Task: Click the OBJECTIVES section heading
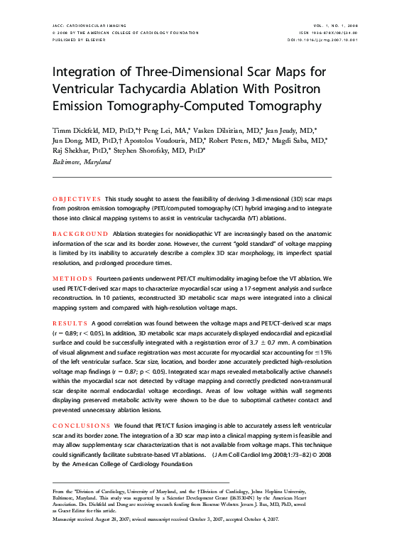(77, 198)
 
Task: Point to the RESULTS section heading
(72, 323)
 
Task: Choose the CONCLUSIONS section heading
(82, 426)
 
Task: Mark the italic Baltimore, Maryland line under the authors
(82, 162)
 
